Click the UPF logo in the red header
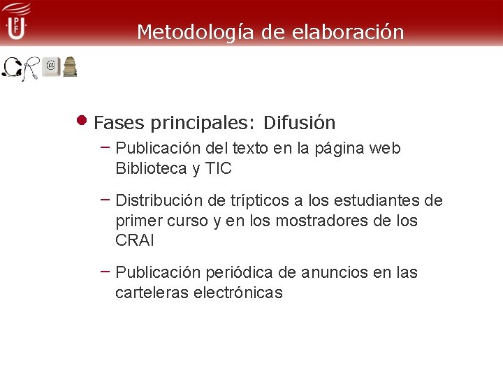coord(15,22)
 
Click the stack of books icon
coord(70,67)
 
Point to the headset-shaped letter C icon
coord(11,68)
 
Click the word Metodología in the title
coord(186,32)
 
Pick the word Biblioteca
coord(151,168)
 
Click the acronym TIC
coord(218,168)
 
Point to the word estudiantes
coord(378,201)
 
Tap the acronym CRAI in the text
coord(135,240)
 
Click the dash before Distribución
coord(105,199)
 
